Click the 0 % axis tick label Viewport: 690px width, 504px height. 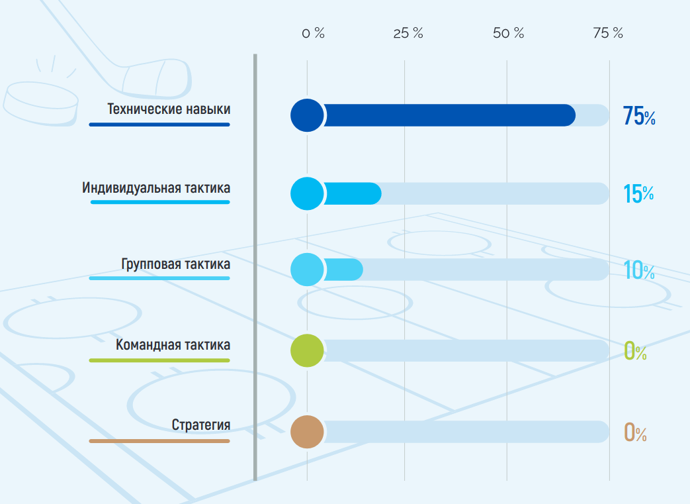tap(314, 33)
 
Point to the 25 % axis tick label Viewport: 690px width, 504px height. tap(408, 33)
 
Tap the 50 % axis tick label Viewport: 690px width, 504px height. tap(509, 33)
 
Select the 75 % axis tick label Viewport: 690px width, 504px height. tap(608, 33)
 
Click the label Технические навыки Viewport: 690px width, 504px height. tap(169, 109)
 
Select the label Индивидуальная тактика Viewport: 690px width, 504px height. tap(155, 187)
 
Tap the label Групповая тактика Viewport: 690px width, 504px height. tap(175, 264)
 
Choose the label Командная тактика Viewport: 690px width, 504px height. tap(173, 344)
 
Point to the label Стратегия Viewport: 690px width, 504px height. tap(200, 425)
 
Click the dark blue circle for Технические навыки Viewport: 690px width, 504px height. tap(307, 115)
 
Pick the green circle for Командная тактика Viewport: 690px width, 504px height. tap(307, 351)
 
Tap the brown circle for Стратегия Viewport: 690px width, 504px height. tap(307, 432)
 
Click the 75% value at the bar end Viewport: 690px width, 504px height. tap(639, 117)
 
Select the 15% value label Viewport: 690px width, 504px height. tap(638, 194)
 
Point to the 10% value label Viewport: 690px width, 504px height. tap(639, 270)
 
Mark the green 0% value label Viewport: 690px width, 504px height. tap(636, 352)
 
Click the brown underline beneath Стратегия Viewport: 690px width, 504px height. tap(159, 441)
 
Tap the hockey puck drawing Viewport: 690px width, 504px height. tap(41, 104)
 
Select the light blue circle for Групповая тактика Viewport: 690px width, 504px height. tap(307, 270)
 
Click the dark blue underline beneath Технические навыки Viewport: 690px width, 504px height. tap(159, 125)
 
